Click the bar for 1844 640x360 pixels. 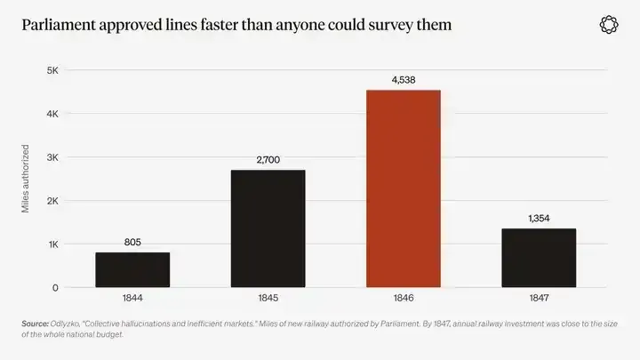click(x=132, y=270)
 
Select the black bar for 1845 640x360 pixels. click(x=268, y=228)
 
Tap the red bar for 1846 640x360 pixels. click(x=404, y=188)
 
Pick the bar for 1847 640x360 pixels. click(x=539, y=258)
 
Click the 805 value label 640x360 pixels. click(x=132, y=242)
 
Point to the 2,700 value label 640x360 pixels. click(x=268, y=160)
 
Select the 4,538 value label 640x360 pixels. click(x=404, y=80)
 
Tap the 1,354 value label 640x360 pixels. click(x=539, y=219)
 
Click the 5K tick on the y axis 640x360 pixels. click(x=52, y=70)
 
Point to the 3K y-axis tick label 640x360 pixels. click(x=52, y=157)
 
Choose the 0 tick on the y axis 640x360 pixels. click(x=55, y=288)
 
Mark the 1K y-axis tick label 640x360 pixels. click(x=53, y=244)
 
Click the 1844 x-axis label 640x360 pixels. click(x=132, y=298)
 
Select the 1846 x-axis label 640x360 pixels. click(x=404, y=298)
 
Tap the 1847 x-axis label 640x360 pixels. click(x=539, y=298)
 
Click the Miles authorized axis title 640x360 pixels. click(x=25, y=179)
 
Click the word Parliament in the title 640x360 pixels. click(x=59, y=25)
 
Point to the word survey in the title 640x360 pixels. click(x=391, y=26)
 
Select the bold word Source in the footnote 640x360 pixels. click(x=35, y=324)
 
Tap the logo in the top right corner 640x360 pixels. click(x=609, y=25)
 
